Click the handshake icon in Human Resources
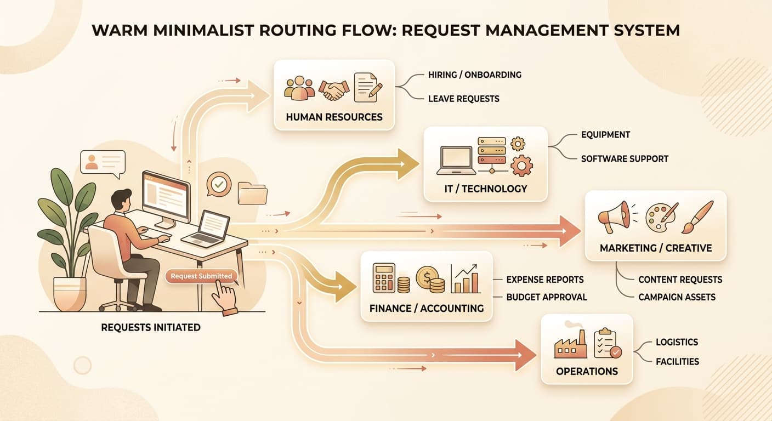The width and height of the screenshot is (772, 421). (x=333, y=90)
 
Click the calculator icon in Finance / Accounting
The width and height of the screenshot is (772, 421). (x=384, y=278)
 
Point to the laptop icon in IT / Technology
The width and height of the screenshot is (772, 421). (x=456, y=161)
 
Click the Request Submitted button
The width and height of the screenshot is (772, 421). (x=201, y=276)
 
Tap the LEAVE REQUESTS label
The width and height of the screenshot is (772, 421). (x=463, y=99)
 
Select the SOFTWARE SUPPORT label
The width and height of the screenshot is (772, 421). (x=625, y=159)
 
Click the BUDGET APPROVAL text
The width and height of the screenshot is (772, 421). (x=547, y=297)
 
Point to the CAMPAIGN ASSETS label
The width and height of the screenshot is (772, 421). (x=677, y=297)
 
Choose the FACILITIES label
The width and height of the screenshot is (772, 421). (x=677, y=362)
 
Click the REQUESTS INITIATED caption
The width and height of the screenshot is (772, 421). (x=151, y=327)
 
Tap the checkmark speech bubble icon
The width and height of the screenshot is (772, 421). (x=219, y=184)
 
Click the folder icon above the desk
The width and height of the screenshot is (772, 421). (x=252, y=193)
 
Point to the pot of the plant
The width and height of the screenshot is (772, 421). (x=70, y=294)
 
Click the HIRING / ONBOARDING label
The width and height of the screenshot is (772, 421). (x=475, y=75)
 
